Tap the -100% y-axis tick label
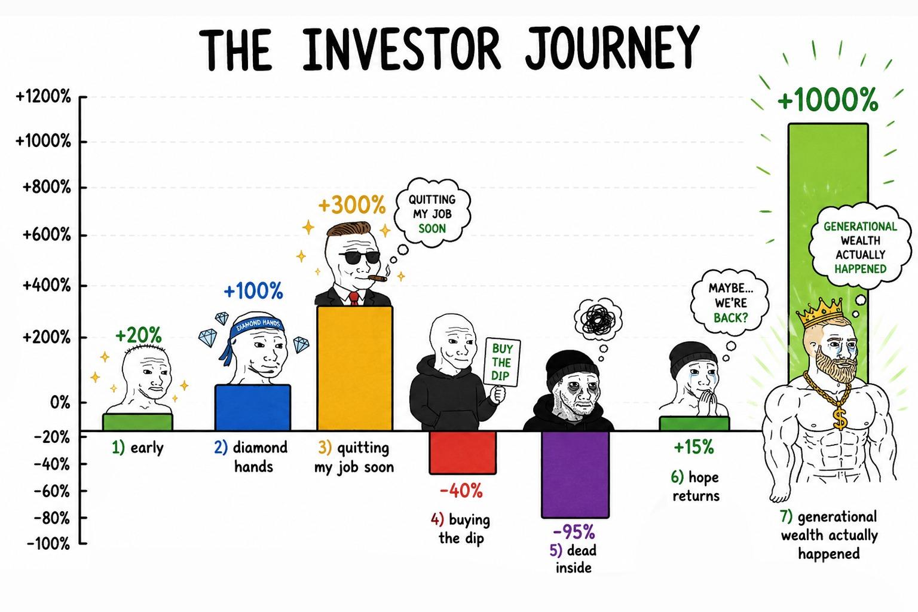tap(48, 544)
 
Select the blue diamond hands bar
tap(253, 408)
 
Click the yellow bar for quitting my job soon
tap(355, 368)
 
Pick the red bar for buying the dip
tap(463, 452)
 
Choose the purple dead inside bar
tap(576, 475)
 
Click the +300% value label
tap(352, 204)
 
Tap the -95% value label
tap(574, 532)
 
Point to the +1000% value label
tap(828, 100)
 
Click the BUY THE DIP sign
tap(502, 362)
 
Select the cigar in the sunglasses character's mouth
tap(378, 279)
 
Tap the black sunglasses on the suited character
tap(360, 258)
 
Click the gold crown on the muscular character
tap(822, 313)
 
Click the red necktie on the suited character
tap(354, 298)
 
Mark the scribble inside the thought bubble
tap(598, 319)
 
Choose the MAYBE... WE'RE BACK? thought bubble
tap(730, 303)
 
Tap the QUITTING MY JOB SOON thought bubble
tap(432, 213)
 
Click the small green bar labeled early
tap(137, 422)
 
